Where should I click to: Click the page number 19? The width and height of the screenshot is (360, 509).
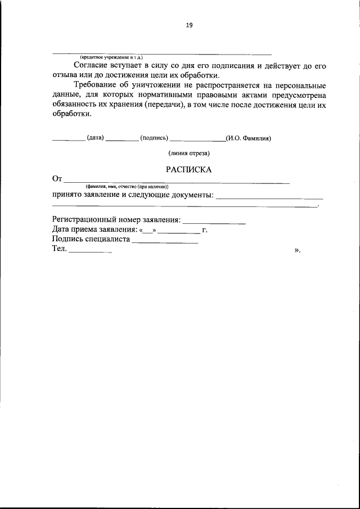pyautogui.click(x=189, y=25)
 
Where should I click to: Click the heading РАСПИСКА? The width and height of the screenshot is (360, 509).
pyautogui.click(x=188, y=169)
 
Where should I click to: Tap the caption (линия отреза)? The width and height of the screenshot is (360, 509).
pyautogui.click(x=188, y=153)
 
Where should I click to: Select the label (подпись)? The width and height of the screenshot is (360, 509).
pyautogui.click(x=153, y=138)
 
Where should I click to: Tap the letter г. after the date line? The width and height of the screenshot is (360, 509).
pyautogui.click(x=205, y=229)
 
